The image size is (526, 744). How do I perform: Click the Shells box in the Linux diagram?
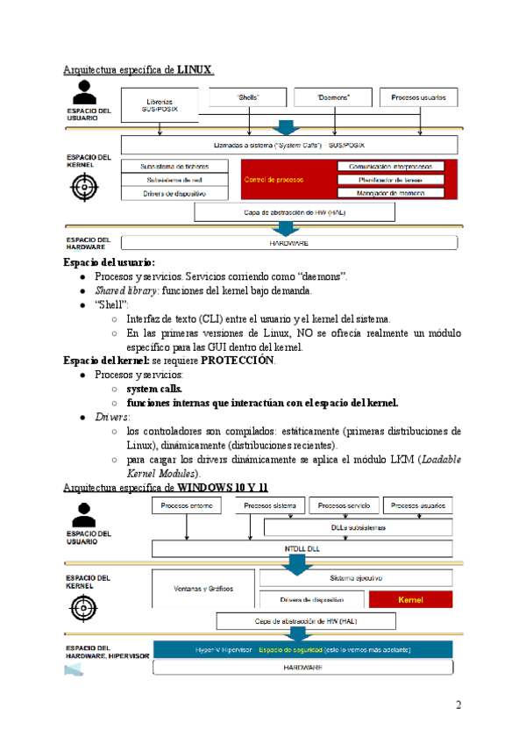click(248, 97)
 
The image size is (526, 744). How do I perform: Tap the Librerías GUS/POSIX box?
click(160, 104)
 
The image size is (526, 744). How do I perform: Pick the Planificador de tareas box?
click(391, 179)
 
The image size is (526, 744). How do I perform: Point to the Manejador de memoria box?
click(391, 192)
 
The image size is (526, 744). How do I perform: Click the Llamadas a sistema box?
click(288, 145)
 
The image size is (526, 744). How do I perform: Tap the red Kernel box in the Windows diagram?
click(410, 599)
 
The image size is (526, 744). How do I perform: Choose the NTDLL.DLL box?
click(303, 548)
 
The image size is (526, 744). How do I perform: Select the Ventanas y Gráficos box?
click(204, 589)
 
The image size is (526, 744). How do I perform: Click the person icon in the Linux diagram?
click(86, 92)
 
